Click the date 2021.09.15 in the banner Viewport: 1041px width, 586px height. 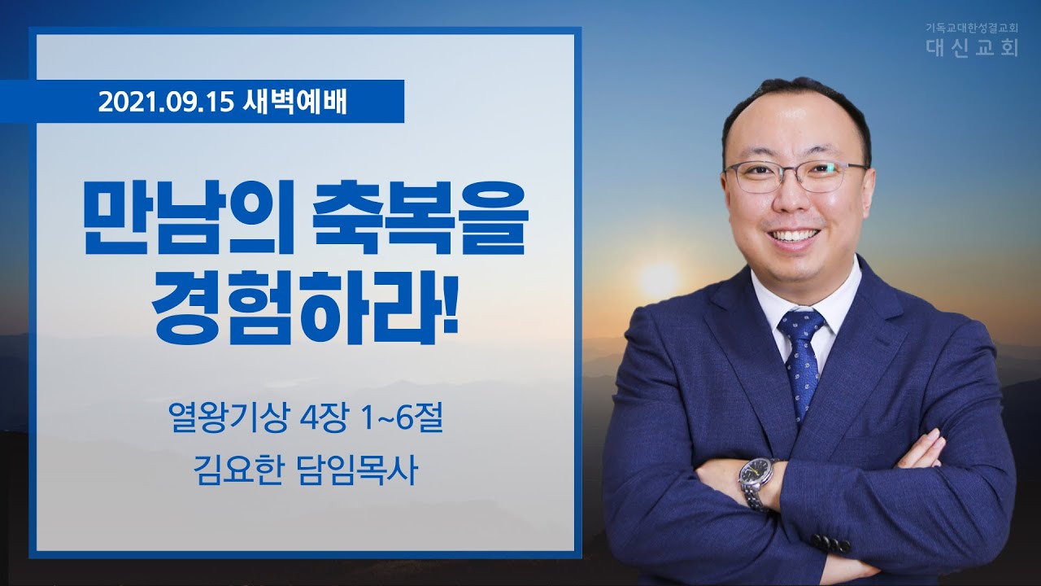click(165, 103)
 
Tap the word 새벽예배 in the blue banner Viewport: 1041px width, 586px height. click(294, 103)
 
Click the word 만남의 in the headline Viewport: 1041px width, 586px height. click(188, 217)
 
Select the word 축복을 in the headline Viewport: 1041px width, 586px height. click(420, 217)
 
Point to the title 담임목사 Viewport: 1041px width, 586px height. click(356, 470)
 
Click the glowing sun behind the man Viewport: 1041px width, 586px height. click(660, 279)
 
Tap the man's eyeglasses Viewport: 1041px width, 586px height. click(795, 177)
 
